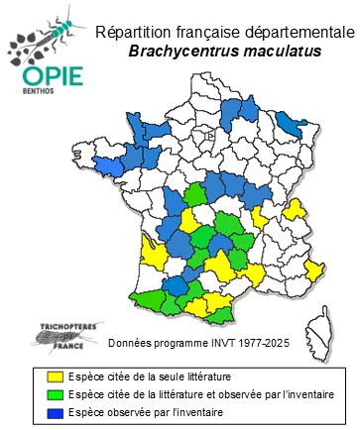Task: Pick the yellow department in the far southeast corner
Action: [314, 270]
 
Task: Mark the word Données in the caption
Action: [127, 344]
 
